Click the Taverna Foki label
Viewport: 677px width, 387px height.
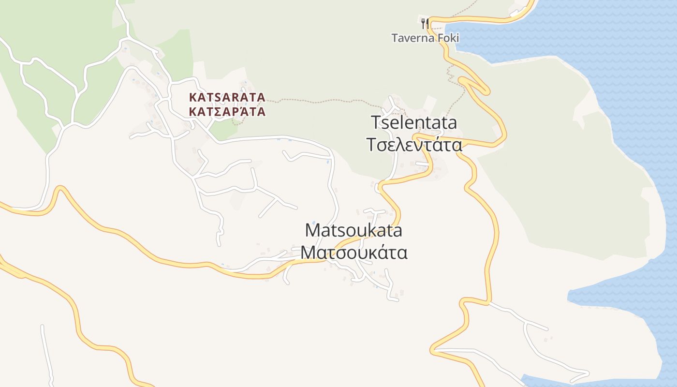(x=425, y=38)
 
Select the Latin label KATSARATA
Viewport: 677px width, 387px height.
(x=227, y=97)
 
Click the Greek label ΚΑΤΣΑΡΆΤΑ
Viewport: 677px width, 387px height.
(x=227, y=112)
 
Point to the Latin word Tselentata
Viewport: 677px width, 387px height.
(x=414, y=123)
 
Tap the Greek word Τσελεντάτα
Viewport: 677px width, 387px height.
(x=414, y=145)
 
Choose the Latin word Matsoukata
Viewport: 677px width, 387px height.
(x=353, y=230)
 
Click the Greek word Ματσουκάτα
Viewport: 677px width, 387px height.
(x=353, y=253)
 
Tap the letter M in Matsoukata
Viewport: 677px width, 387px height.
(x=312, y=230)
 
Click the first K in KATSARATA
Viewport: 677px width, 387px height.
(x=193, y=97)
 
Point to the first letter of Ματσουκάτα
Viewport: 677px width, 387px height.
(x=308, y=253)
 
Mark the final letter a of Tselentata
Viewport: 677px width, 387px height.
(x=452, y=123)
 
